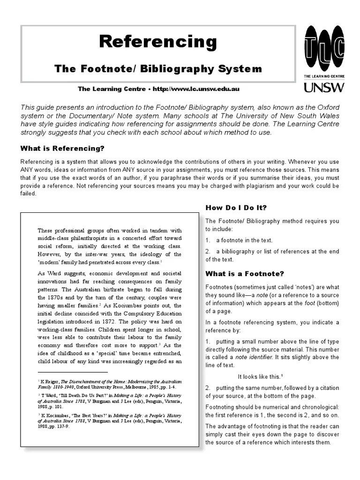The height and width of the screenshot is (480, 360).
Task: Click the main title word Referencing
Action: [x=158, y=42]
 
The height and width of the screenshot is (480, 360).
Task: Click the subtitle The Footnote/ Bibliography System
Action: [x=158, y=69]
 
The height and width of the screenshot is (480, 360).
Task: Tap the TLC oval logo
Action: [x=324, y=48]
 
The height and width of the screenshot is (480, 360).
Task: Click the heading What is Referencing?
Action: [x=62, y=149]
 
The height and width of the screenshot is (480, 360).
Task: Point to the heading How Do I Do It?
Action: [x=236, y=208]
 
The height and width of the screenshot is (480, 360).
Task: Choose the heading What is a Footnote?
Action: [x=245, y=274]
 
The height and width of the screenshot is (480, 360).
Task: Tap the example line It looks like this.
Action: [x=260, y=376]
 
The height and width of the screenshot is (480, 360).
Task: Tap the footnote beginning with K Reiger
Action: [x=109, y=384]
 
